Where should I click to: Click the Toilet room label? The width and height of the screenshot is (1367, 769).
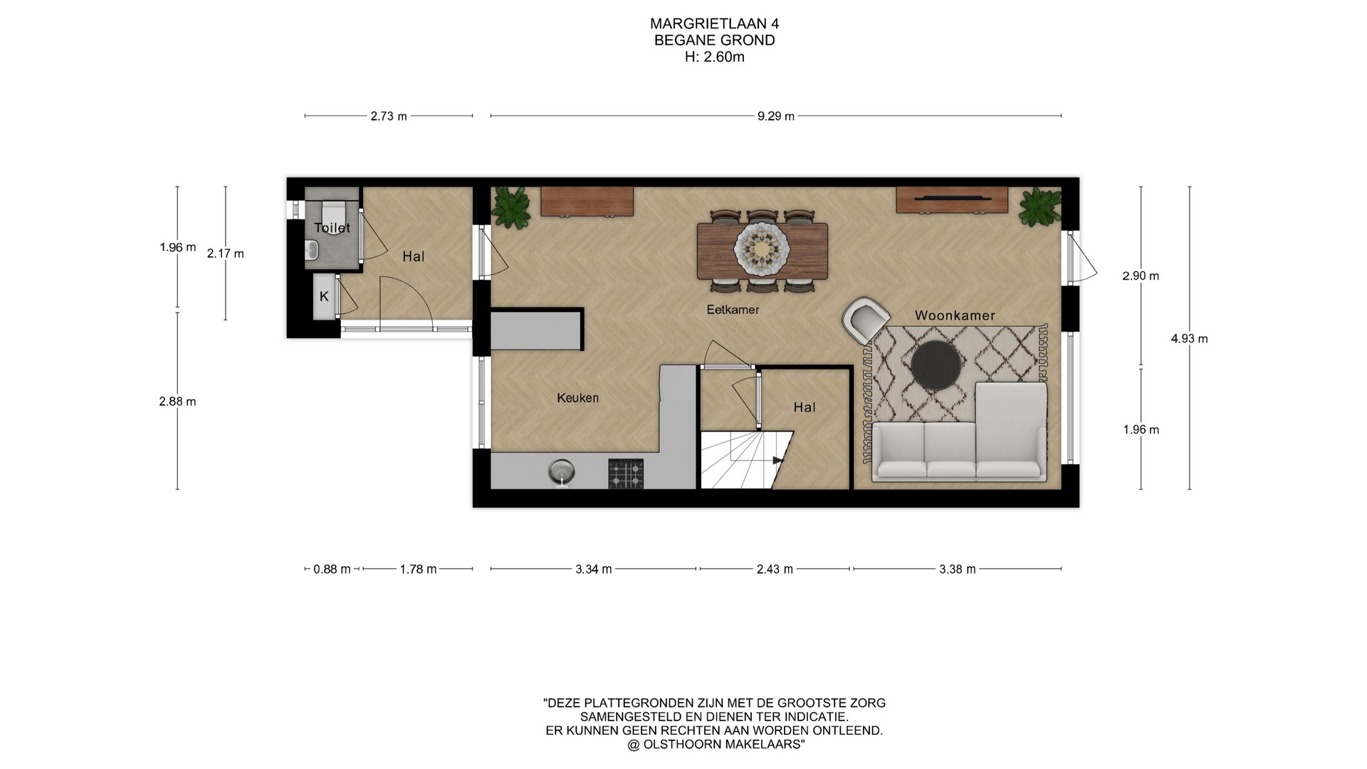(332, 228)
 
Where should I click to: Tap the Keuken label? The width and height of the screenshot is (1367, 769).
(577, 398)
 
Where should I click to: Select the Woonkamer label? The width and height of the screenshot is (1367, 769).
(955, 315)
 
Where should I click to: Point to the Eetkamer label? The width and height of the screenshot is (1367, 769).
(733, 310)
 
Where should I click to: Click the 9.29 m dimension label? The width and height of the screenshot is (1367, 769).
(775, 116)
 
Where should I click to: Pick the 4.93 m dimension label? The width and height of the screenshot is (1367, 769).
(1189, 339)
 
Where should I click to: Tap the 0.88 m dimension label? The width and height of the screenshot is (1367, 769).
(332, 569)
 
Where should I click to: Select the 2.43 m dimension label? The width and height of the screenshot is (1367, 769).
(775, 569)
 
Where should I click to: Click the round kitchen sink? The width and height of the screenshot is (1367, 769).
(562, 471)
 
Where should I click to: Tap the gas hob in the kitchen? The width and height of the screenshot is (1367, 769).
(626, 474)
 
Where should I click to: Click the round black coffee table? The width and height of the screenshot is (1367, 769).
(936, 365)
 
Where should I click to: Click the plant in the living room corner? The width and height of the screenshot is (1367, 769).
(1040, 207)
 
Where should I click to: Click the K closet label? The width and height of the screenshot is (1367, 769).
(324, 296)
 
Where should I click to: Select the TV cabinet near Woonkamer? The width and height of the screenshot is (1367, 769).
(951, 199)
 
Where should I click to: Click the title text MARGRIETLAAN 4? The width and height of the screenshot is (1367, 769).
(714, 24)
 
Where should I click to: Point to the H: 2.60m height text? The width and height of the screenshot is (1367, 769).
(714, 57)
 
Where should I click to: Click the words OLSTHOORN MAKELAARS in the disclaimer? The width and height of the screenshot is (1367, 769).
(722, 745)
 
